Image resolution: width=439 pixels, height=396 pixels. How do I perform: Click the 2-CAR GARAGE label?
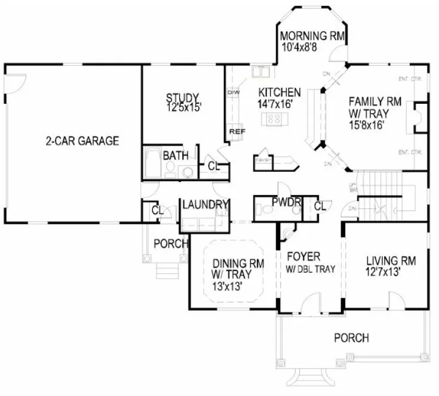point(82,141)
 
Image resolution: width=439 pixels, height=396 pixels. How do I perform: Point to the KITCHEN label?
point(279,92)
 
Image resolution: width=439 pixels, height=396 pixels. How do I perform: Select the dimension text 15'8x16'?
point(366,125)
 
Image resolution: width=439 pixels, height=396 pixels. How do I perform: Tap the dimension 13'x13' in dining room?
point(230,286)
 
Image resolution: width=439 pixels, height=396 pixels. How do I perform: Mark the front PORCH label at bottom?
point(351,338)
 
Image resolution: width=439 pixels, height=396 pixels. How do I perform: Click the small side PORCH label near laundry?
point(171,243)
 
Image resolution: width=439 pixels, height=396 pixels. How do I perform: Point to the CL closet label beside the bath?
point(214,166)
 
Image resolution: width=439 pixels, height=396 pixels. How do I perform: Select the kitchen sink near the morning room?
point(261,73)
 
